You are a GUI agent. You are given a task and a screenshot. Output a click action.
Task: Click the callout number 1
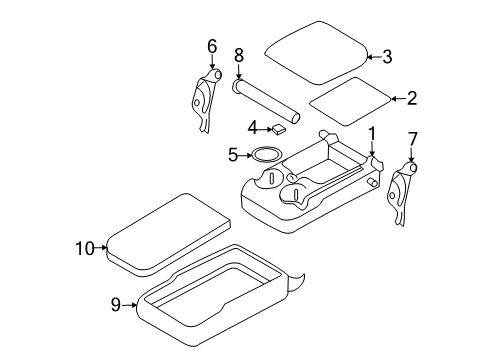[371, 133]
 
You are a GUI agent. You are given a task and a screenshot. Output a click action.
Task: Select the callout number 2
[410, 97]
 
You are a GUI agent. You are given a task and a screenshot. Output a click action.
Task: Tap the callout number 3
[387, 57]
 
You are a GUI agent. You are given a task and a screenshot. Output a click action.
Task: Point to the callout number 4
[254, 127]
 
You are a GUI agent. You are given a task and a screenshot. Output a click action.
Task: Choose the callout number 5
[233, 155]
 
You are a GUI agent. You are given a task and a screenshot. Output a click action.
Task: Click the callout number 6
[212, 46]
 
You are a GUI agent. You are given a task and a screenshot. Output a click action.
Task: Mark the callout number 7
[412, 137]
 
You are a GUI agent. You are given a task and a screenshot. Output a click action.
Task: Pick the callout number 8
[238, 56]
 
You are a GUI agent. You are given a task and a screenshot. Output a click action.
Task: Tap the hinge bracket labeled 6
[205, 100]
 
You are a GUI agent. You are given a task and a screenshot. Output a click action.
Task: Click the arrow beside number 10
[101, 247]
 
